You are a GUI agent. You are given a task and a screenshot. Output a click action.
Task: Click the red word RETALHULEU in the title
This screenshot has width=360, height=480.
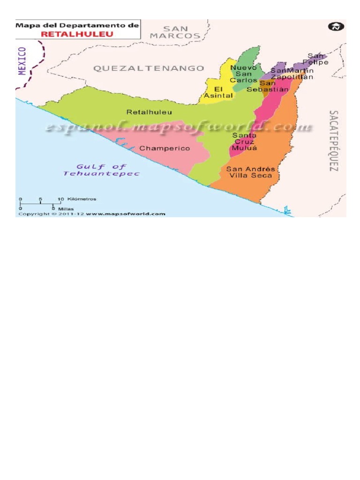(78, 34)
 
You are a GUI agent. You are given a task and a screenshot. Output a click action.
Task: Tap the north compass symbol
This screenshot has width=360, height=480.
(335, 27)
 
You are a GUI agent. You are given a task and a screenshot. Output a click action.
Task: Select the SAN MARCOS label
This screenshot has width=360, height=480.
(175, 32)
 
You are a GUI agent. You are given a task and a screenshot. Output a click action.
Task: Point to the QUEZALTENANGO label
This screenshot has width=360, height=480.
(149, 68)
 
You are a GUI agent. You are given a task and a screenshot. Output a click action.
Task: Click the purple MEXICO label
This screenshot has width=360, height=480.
(22, 60)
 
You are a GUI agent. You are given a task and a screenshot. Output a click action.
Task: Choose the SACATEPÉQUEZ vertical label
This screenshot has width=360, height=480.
(333, 141)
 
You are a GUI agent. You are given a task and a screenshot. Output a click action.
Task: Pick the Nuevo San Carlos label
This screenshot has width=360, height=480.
(243, 74)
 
